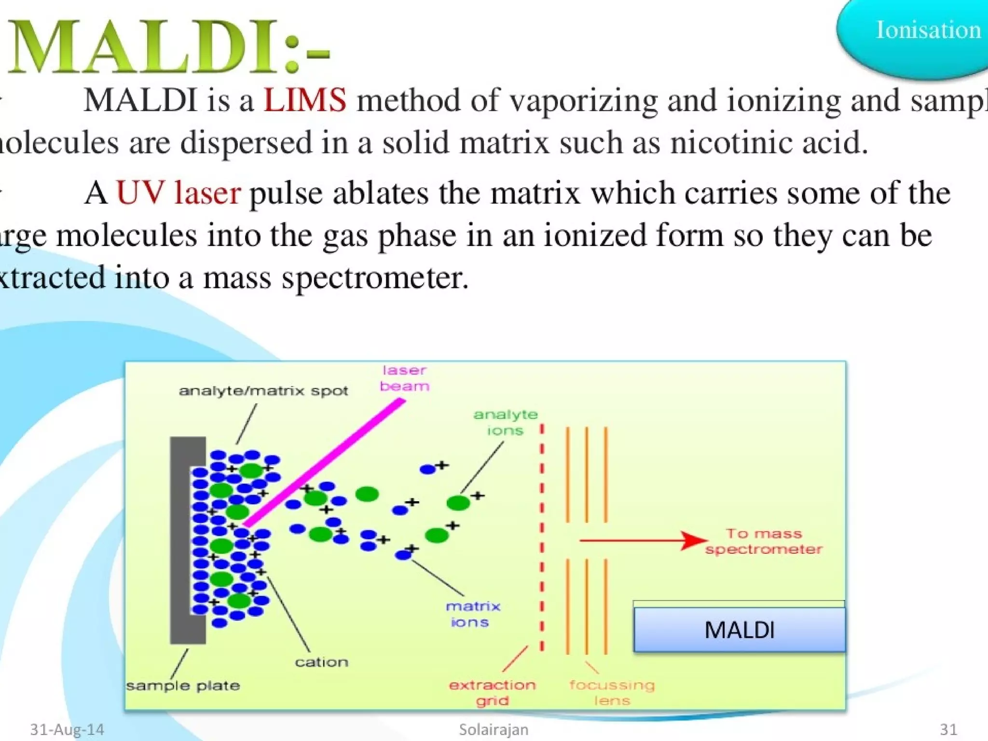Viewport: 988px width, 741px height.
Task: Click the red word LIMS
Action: (x=304, y=100)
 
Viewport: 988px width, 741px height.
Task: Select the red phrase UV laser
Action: (x=178, y=193)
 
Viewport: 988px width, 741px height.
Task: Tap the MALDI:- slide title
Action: (x=169, y=47)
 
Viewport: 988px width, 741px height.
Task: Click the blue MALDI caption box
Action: (x=739, y=630)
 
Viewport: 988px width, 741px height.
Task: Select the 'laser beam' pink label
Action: (x=404, y=378)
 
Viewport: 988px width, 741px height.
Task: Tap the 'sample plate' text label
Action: (x=183, y=686)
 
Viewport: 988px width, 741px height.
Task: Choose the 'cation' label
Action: (x=321, y=662)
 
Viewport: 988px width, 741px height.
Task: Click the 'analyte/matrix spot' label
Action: (x=263, y=391)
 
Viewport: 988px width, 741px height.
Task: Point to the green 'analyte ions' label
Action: (x=505, y=422)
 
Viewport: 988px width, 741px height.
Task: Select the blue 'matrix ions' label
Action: (x=472, y=614)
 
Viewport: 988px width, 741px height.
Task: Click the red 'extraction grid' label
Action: (x=492, y=692)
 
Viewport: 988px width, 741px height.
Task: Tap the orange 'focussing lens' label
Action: (x=612, y=692)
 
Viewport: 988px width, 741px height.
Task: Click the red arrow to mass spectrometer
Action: (x=642, y=540)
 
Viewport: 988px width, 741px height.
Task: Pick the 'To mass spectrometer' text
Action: (x=763, y=541)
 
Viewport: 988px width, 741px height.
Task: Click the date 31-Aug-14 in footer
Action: (x=67, y=729)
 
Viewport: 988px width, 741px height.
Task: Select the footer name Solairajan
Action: (x=493, y=729)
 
